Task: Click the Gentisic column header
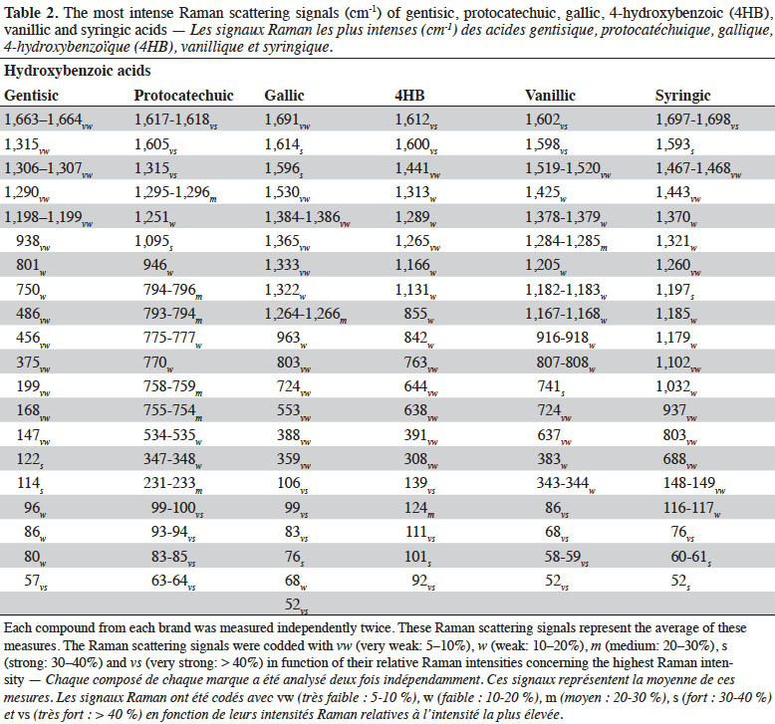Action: point(31,95)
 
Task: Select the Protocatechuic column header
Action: point(183,95)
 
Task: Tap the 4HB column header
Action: point(409,95)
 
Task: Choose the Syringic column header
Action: point(682,96)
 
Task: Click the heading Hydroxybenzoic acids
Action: point(77,71)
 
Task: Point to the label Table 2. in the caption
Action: point(31,12)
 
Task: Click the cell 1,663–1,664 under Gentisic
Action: point(48,121)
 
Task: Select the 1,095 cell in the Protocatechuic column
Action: point(153,242)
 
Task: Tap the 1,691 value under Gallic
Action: point(287,121)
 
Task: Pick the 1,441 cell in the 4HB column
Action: point(417,169)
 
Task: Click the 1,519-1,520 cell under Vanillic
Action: point(568,169)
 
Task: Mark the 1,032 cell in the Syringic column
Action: point(676,387)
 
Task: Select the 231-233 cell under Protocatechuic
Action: point(173,484)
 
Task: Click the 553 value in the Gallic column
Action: point(294,411)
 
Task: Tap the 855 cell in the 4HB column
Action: point(419,315)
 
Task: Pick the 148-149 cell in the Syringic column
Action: point(694,484)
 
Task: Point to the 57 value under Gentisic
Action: point(36,581)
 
